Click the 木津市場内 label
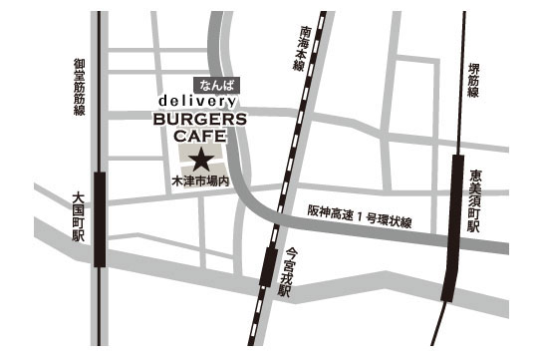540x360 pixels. click(x=199, y=182)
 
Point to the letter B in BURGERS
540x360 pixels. click(x=159, y=119)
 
